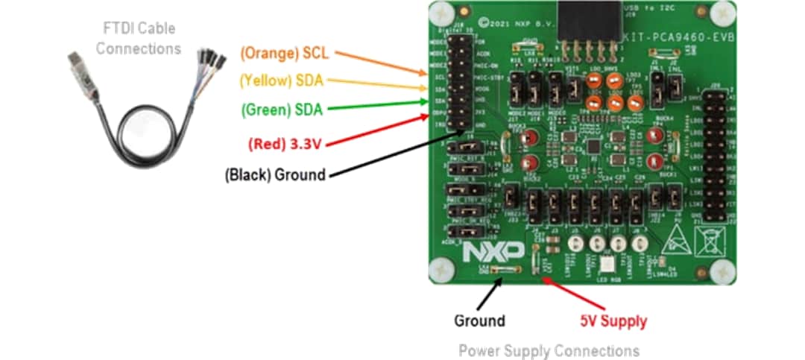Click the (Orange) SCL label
(285, 54)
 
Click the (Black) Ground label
(275, 175)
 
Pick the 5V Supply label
(613, 321)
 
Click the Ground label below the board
(479, 321)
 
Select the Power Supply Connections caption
(549, 350)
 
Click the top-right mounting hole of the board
(721, 11)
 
